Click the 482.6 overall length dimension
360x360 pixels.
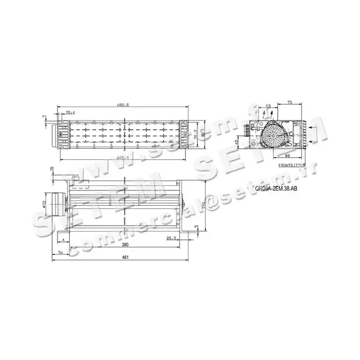(123, 105)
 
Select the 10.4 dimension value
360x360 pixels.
(70, 113)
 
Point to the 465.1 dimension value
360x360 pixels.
(123, 157)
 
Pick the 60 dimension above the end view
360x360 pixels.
(268, 106)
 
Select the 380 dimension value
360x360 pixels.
(126, 245)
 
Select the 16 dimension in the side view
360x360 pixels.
(52, 170)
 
